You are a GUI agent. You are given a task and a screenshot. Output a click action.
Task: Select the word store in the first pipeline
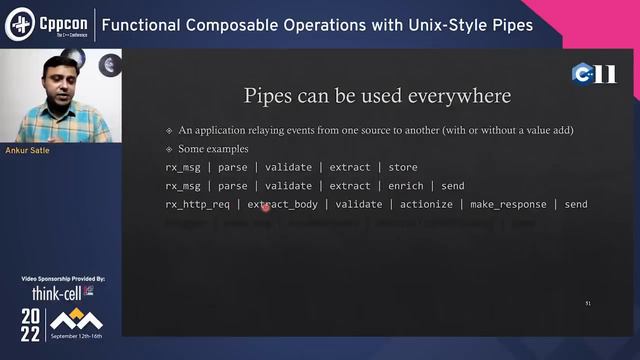[403, 167]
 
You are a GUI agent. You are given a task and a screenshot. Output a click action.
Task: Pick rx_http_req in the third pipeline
[197, 205]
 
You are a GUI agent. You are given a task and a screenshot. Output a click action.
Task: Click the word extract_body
[282, 205]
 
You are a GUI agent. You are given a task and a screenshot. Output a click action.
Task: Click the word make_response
[510, 205]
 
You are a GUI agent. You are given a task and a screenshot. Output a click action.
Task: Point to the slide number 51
[588, 301]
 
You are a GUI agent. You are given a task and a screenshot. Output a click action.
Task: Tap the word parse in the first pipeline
[232, 167]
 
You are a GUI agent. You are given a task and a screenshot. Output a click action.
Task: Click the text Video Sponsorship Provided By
[62, 278]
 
